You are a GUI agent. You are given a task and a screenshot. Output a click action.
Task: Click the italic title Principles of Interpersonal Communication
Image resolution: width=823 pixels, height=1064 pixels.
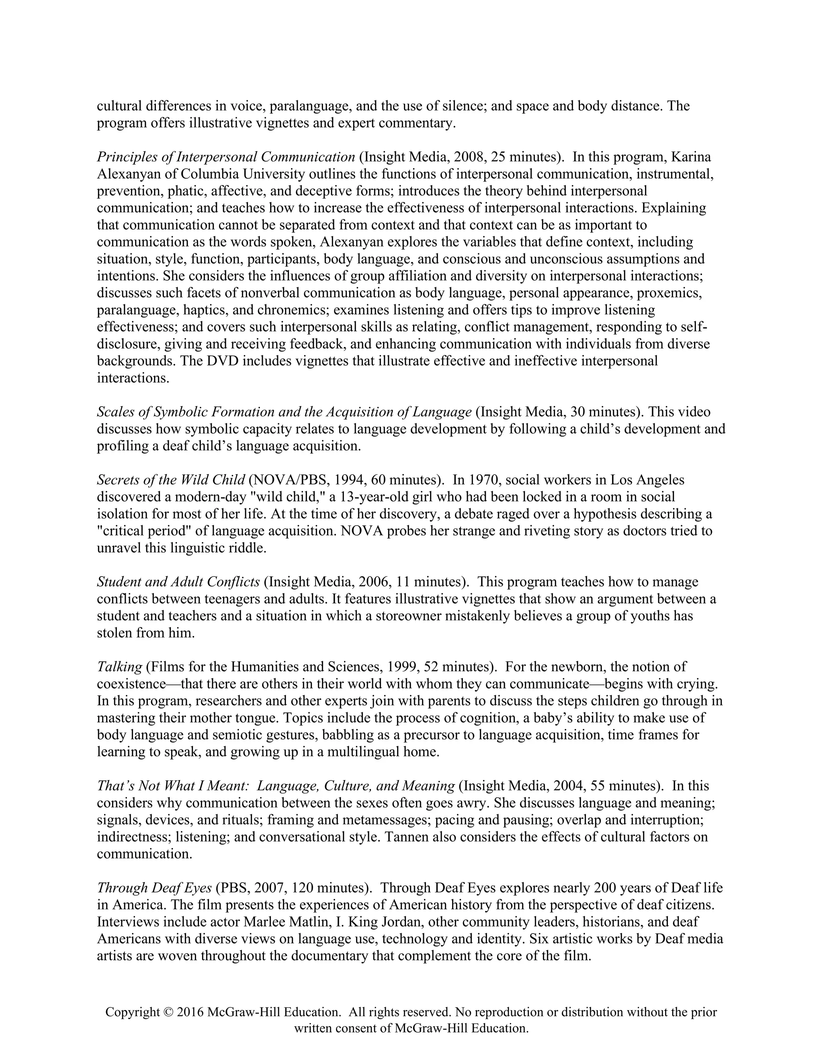226,157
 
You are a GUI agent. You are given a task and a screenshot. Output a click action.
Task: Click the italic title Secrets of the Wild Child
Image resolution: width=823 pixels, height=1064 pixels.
171,480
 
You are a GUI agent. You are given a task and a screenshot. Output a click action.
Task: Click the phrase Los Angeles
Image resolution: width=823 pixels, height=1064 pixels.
647,480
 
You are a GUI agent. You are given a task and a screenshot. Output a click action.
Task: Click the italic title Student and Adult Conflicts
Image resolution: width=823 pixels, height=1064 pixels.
178,582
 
